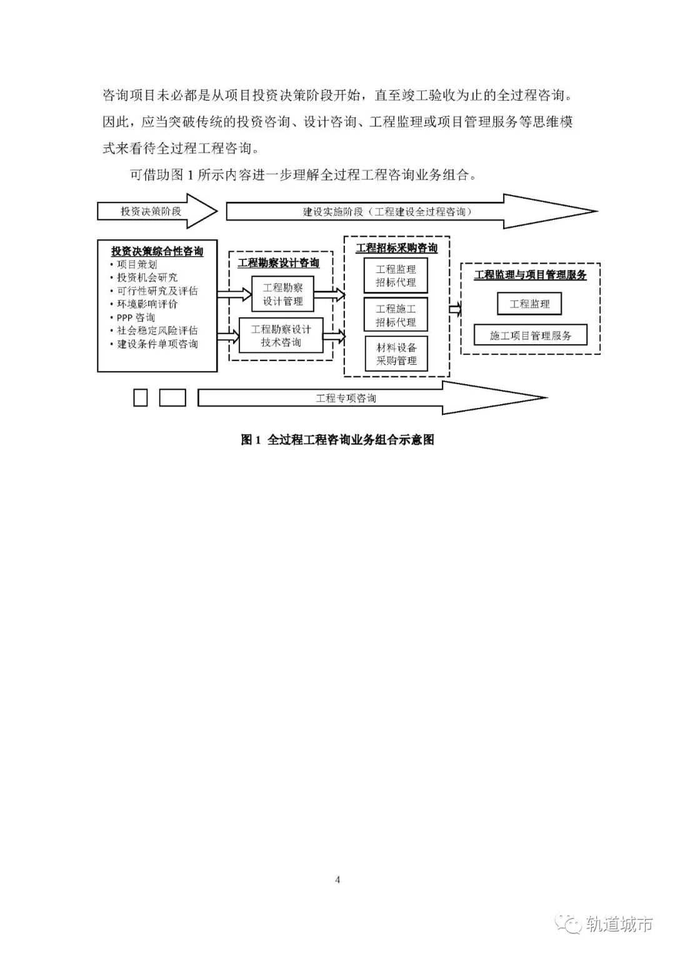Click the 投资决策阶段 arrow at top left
coord(151,211)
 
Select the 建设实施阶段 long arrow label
coord(387,212)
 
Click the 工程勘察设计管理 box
coord(282,294)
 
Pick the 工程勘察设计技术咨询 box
coord(281,335)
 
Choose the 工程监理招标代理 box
coord(396,276)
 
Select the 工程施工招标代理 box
coord(396,316)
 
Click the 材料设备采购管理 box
coord(396,354)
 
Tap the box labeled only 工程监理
coord(529,304)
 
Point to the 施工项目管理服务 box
coord(530,335)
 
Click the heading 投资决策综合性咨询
coord(157,251)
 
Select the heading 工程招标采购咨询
coord(397,248)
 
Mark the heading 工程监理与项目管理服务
coord(530,275)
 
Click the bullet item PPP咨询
coord(136,317)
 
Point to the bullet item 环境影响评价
coord(147,304)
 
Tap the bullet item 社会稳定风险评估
coord(157,330)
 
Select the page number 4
coord(338,880)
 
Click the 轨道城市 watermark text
coord(619,925)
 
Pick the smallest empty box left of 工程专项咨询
coord(141,397)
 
